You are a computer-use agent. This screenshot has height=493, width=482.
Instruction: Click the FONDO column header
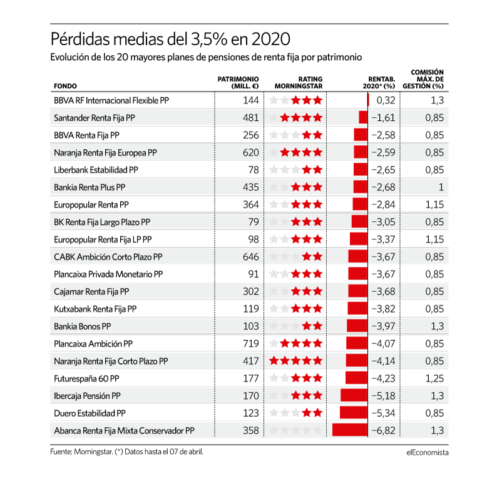[65, 86]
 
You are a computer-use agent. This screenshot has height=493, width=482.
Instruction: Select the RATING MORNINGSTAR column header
[299, 83]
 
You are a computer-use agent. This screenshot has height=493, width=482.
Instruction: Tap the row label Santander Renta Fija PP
[95, 118]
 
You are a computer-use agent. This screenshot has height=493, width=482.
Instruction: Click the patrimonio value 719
[251, 344]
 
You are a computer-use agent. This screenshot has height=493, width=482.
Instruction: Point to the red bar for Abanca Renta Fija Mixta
[350, 430]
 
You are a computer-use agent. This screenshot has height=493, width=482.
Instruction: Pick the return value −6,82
[383, 430]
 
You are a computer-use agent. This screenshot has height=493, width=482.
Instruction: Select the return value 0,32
[386, 100]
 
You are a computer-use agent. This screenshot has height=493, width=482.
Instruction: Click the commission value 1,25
[434, 378]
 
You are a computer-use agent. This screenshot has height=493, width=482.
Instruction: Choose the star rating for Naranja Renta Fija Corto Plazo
[295, 361]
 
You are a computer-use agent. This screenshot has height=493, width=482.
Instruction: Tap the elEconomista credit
[428, 452]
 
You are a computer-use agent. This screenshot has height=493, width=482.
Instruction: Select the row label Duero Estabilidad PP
[90, 413]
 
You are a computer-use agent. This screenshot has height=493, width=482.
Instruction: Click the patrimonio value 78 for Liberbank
[254, 170]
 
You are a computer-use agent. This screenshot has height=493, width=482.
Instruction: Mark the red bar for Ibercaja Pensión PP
[354, 395]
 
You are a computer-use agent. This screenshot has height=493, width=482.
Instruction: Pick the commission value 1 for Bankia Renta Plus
[441, 187]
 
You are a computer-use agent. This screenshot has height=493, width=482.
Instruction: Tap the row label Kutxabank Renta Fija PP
[95, 309]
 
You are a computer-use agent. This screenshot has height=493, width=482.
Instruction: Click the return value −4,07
[383, 344]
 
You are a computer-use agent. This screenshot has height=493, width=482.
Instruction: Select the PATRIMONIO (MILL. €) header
[238, 83]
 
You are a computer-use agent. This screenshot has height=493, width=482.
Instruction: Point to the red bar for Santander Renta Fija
[363, 118]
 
